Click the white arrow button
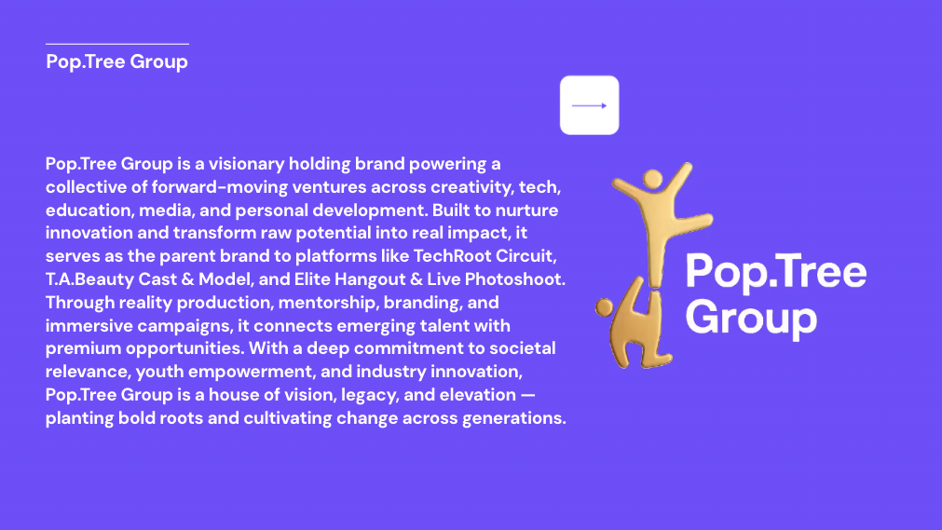click(590, 105)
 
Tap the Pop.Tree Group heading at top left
click(116, 61)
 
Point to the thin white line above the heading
click(117, 44)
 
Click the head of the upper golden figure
click(652, 179)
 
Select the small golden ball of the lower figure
click(604, 307)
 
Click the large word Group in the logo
click(751, 318)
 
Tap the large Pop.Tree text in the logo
click(775, 272)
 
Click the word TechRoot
click(452, 256)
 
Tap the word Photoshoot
click(515, 279)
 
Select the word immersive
click(89, 326)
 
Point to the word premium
click(83, 348)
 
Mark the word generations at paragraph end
click(513, 418)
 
